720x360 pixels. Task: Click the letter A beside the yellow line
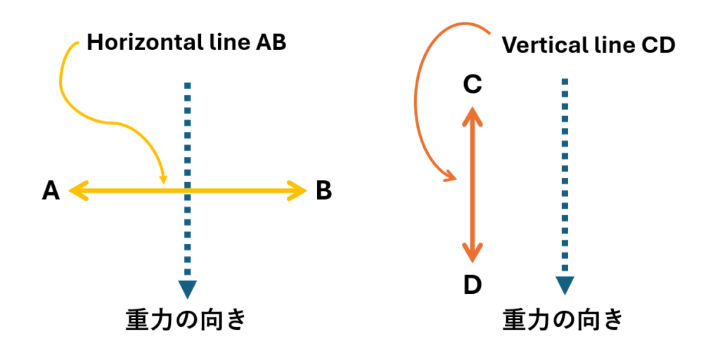(51, 191)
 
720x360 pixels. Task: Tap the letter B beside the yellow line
(323, 191)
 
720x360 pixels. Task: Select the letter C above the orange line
(472, 85)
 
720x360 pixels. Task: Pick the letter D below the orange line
(472, 285)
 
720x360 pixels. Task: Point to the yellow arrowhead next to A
(77, 191)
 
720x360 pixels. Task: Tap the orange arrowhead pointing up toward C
(472, 115)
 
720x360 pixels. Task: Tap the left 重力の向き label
(186, 320)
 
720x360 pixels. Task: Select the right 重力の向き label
(563, 320)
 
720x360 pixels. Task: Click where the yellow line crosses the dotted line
(187, 191)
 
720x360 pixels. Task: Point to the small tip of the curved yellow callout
(163, 183)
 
